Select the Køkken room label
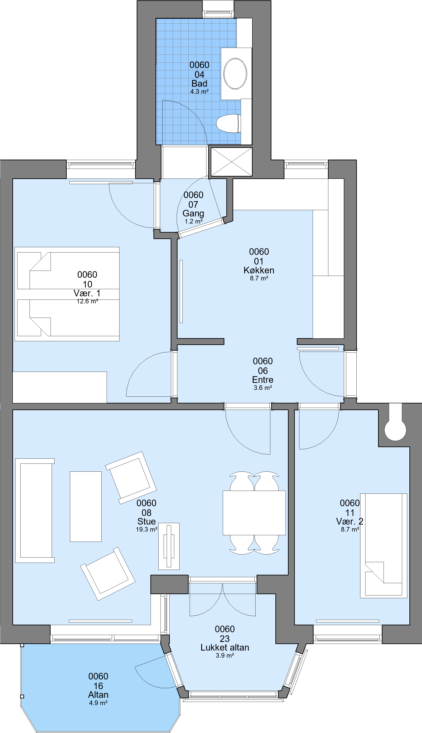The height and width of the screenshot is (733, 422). click(259, 270)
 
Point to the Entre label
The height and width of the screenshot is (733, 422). click(263, 380)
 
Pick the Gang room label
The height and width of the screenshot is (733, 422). click(193, 213)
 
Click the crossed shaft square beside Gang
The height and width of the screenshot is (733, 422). click(232, 162)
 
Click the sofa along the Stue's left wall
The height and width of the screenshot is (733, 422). click(35, 511)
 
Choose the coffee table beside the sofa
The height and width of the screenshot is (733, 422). click(86, 507)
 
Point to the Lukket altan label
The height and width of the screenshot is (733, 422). click(225, 648)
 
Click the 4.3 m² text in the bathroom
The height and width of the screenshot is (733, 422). click(199, 92)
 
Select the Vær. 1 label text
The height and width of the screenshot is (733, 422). click(87, 293)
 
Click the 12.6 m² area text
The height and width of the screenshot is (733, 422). click(87, 301)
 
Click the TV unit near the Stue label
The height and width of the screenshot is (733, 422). click(169, 546)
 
